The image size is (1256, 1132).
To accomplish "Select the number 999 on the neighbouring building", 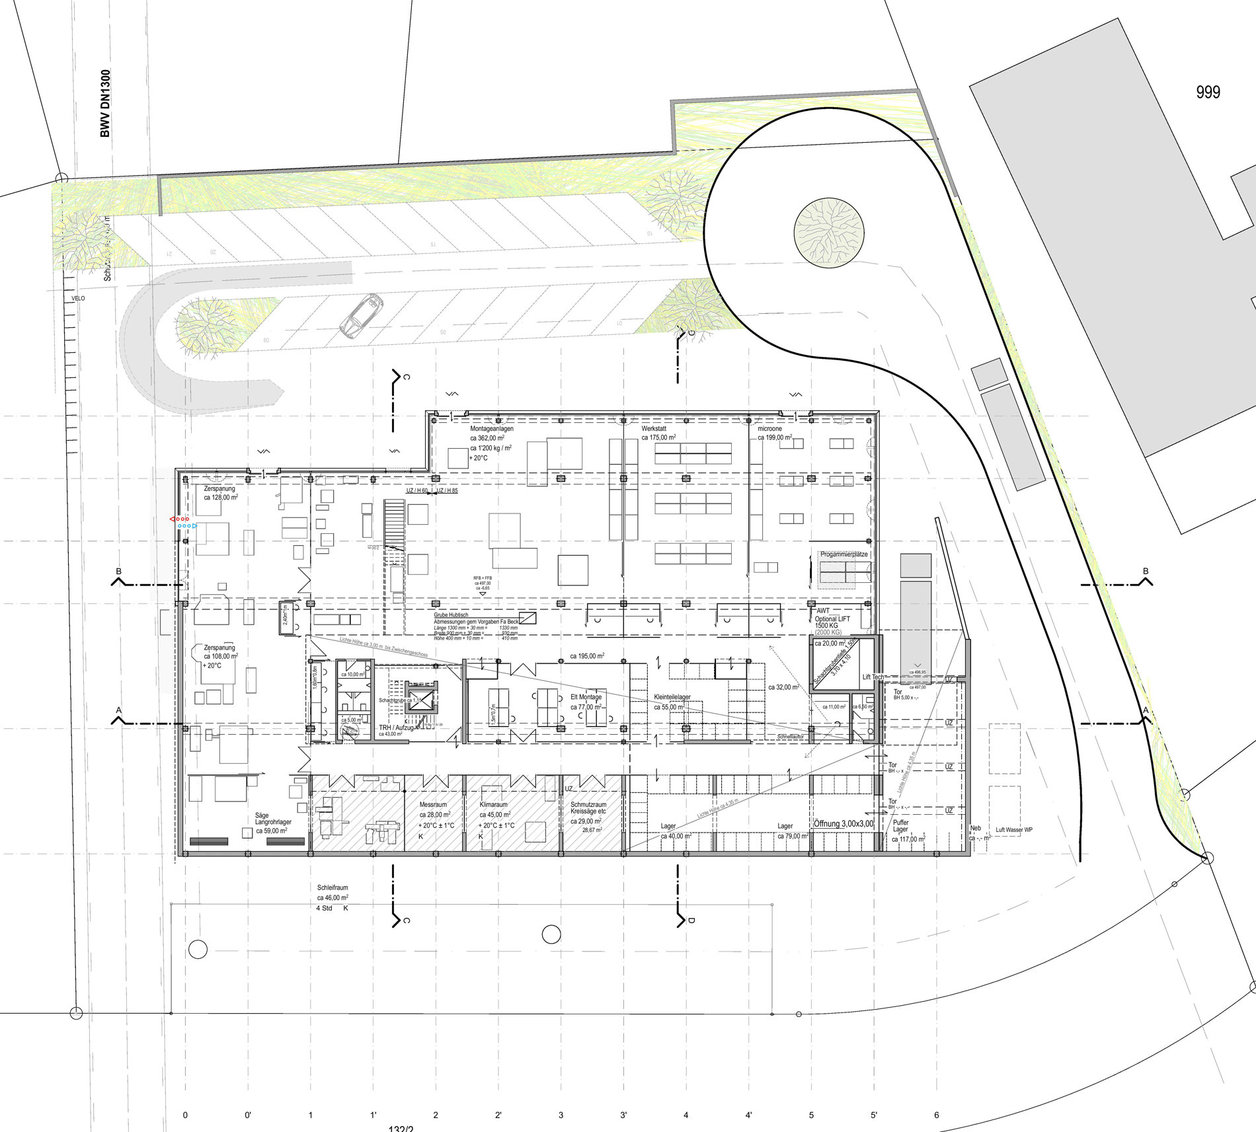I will point(1208,93).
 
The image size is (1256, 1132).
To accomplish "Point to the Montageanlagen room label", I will point(491,429).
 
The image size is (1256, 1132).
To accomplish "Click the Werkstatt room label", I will point(654,429).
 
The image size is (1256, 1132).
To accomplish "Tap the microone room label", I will point(770,429).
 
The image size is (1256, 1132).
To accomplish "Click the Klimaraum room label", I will point(494,805).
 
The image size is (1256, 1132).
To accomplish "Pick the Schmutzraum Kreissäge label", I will point(588,808).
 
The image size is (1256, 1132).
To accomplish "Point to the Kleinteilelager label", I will point(672,697).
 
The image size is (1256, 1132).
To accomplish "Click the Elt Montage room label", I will point(586,697).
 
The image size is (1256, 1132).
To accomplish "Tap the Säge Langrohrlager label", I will point(272,819).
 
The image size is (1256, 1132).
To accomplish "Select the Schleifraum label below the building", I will point(333,888).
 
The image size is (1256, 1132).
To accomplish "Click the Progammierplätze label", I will point(844,554).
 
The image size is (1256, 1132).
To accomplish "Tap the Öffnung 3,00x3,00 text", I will point(844,823).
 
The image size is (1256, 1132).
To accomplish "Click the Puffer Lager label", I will point(901,826).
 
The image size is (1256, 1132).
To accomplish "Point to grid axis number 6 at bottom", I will point(937,1115).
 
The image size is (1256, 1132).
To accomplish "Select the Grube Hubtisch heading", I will point(451,615).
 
